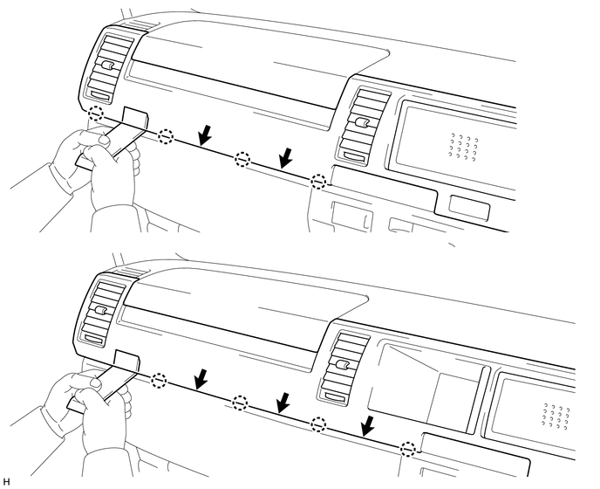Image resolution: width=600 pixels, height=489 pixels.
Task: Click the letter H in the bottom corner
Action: point(7,481)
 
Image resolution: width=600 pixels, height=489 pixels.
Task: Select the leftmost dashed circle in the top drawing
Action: point(96,114)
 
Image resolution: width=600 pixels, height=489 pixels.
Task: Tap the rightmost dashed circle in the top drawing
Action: point(319,182)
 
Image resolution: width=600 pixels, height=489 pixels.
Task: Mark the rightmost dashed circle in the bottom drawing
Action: point(407,449)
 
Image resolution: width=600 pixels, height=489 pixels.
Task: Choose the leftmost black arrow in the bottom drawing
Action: point(201,377)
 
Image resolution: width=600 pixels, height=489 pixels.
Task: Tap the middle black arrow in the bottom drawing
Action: point(283,403)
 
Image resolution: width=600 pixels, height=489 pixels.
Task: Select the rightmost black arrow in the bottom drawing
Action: point(370,426)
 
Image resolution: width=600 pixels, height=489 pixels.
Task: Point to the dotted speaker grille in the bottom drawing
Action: point(556,417)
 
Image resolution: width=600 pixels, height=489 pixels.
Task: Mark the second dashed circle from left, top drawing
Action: point(166,136)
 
